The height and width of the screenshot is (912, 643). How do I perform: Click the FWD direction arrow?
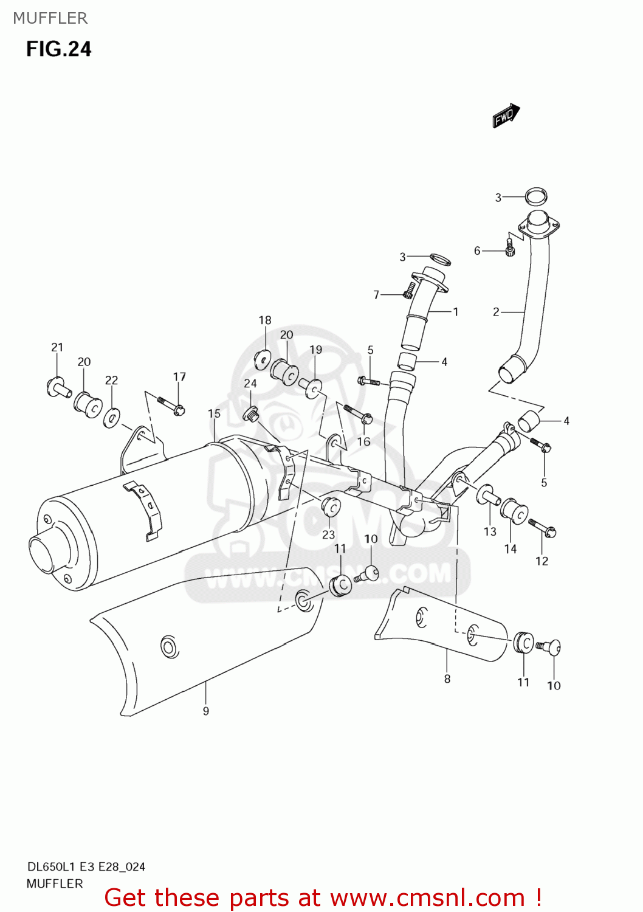click(506, 116)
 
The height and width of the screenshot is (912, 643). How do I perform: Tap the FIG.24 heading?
click(58, 49)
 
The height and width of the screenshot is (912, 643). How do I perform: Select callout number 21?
click(57, 347)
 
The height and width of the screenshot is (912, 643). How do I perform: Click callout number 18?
click(265, 320)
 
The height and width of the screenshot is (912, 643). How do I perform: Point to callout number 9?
click(206, 711)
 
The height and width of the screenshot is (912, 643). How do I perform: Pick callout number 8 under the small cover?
click(447, 679)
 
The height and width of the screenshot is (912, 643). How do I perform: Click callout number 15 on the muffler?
click(214, 413)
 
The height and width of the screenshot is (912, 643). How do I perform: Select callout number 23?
click(328, 534)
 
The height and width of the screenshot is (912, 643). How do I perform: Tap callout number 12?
click(542, 561)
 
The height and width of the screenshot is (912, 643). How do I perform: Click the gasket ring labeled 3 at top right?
click(535, 196)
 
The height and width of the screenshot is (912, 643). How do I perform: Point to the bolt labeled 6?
click(510, 246)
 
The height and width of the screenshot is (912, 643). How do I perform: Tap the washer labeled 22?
click(111, 418)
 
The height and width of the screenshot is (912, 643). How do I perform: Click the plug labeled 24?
click(250, 415)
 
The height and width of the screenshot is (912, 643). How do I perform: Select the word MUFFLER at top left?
click(50, 18)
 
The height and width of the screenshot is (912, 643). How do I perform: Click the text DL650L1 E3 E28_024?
click(86, 866)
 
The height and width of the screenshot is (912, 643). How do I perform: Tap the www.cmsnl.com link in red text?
click(427, 897)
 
